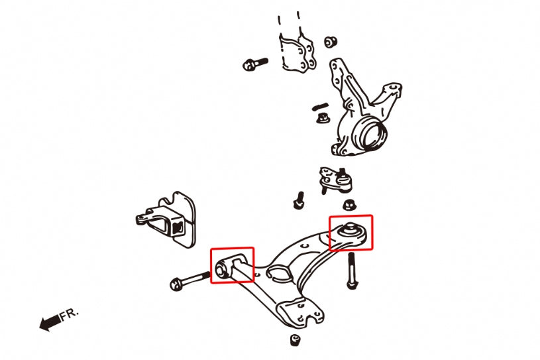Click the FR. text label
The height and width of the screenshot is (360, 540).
(70, 314)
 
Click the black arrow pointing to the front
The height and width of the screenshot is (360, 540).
(49, 323)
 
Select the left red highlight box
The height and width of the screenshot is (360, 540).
(232, 265)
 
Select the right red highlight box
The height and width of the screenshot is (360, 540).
(351, 233)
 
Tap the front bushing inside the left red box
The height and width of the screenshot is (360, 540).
(223, 269)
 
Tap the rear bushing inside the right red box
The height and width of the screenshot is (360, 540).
(349, 231)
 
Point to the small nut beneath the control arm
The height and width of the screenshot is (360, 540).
(296, 340)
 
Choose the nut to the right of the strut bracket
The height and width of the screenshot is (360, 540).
(329, 42)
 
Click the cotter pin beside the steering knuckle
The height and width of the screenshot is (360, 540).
(321, 106)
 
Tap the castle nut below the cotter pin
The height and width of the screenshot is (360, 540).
(323, 119)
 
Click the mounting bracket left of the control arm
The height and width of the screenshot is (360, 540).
(168, 219)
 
